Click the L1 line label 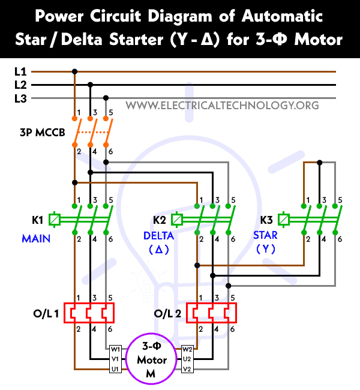coord(20,71)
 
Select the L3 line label coord(20,98)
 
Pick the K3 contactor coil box coord(284,220)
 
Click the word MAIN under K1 coord(36,238)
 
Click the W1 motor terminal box coord(115,349)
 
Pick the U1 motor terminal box coord(115,369)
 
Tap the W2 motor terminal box coord(187,349)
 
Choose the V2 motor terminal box coord(187,369)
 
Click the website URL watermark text coord(222,106)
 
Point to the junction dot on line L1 coord(74,71)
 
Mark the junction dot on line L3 coord(106,98)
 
